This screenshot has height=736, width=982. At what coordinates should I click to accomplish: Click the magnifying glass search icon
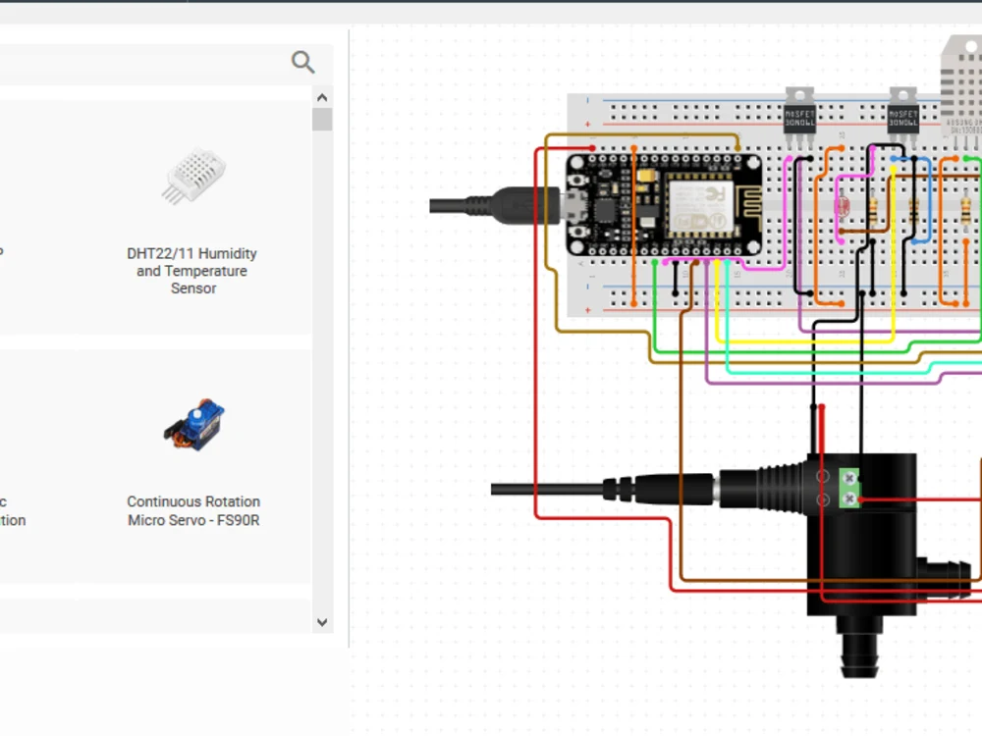pyautogui.click(x=302, y=62)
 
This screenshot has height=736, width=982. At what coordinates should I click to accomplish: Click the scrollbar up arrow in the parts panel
pyautogui.click(x=321, y=97)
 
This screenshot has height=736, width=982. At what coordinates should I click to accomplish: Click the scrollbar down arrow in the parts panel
pyautogui.click(x=321, y=621)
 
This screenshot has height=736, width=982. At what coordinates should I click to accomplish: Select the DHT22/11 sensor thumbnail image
pyautogui.click(x=193, y=177)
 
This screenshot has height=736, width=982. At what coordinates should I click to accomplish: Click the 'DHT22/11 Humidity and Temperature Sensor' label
pyautogui.click(x=191, y=271)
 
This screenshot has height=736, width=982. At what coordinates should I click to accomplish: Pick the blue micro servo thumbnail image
pyautogui.click(x=193, y=424)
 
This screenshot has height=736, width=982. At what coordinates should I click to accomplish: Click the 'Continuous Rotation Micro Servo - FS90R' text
pyautogui.click(x=193, y=511)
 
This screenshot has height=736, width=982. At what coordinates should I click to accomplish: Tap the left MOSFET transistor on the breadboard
pyautogui.click(x=798, y=112)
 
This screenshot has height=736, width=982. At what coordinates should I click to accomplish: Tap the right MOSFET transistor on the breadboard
pyautogui.click(x=902, y=112)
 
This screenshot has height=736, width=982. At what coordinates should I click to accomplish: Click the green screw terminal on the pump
pyautogui.click(x=849, y=489)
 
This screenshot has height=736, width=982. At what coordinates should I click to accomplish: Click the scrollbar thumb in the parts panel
pyautogui.click(x=321, y=120)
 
